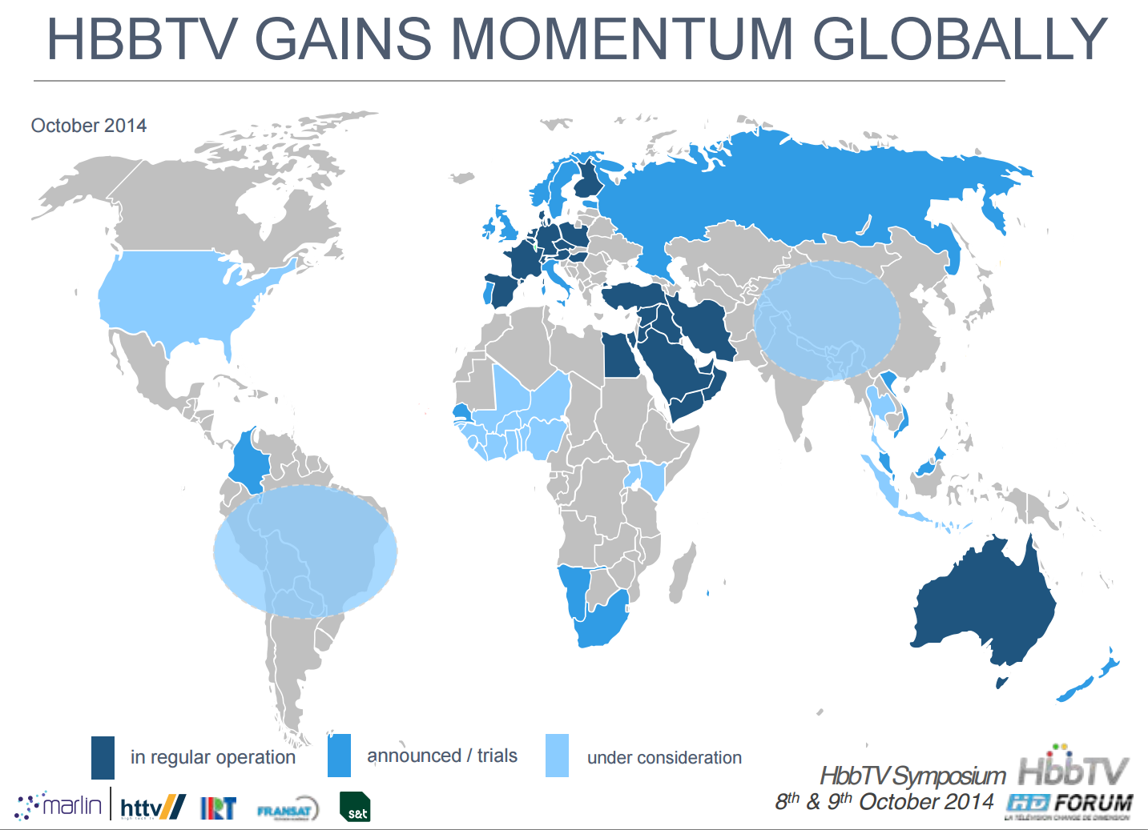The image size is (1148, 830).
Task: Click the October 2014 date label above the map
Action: click(89, 126)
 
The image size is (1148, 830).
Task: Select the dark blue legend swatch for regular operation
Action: click(103, 757)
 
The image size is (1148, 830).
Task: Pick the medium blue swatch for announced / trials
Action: click(339, 756)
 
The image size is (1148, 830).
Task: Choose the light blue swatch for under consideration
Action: click(557, 756)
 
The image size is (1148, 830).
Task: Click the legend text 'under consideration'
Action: click(664, 758)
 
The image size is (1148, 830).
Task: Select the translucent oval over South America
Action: click(305, 551)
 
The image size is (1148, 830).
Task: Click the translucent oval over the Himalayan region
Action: click(827, 320)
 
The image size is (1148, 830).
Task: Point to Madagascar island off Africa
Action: click(683, 572)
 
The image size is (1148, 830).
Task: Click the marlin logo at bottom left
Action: click(60, 805)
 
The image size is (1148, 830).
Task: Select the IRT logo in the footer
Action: click(219, 808)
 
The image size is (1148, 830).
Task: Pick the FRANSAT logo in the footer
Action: click(287, 810)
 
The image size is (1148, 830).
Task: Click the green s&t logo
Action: click(355, 807)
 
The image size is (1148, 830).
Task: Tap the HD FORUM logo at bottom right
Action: click(1069, 804)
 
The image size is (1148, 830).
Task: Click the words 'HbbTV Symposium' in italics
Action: click(912, 776)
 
